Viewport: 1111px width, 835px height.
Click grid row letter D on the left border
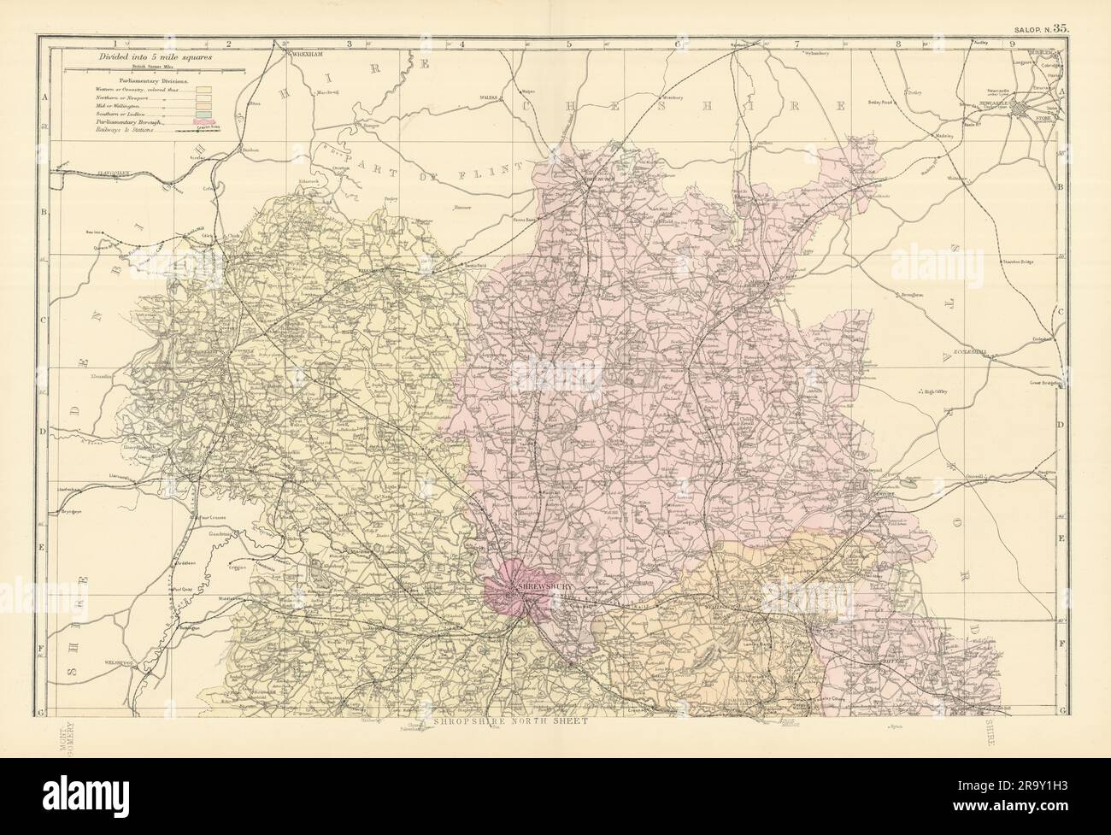tap(43, 432)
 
